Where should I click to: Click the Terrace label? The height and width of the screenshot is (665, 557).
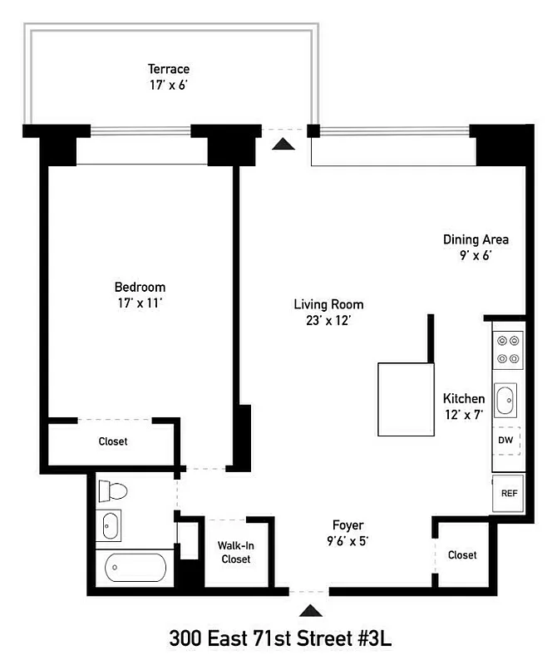click(x=169, y=69)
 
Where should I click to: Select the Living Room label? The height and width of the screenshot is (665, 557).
click(x=328, y=304)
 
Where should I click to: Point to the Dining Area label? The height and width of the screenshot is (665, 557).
click(x=476, y=239)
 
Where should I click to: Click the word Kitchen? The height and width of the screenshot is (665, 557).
click(x=464, y=399)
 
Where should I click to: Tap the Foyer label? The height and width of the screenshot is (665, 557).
click(x=348, y=525)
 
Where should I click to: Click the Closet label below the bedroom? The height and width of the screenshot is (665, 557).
click(x=113, y=441)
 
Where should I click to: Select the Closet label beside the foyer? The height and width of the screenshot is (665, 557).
click(x=462, y=554)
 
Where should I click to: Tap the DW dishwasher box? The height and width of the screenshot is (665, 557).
click(x=505, y=440)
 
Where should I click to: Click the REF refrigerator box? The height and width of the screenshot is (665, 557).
click(x=508, y=492)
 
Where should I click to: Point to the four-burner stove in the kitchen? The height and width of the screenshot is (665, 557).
click(x=506, y=350)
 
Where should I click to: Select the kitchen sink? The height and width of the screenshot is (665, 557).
click(x=505, y=400)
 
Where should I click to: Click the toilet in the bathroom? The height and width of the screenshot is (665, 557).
click(x=111, y=491)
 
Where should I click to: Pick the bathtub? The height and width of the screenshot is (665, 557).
click(x=136, y=568)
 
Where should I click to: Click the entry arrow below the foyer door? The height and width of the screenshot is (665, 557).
click(x=312, y=611)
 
